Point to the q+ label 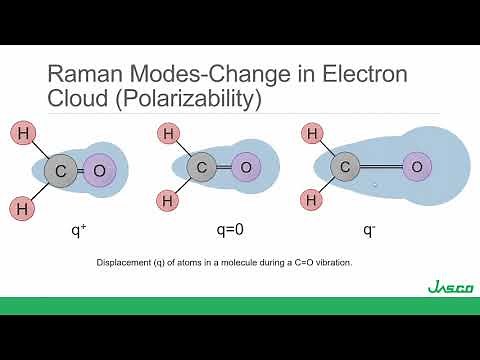point(77,229)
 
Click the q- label point(369,229)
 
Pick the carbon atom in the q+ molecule point(61,171)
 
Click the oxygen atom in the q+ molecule point(99,171)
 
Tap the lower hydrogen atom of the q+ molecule point(23,209)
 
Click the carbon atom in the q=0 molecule point(202,168)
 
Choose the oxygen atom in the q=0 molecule point(245,168)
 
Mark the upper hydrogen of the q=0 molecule point(170,134)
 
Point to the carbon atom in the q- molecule point(345,167)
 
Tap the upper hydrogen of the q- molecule point(313,134)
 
